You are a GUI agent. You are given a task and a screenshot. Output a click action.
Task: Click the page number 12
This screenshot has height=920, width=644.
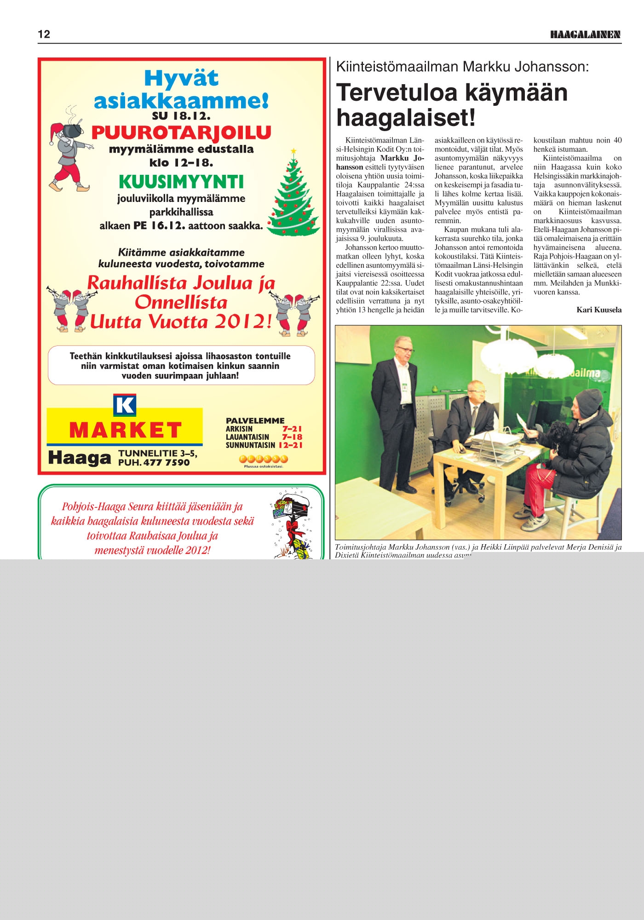click(44, 34)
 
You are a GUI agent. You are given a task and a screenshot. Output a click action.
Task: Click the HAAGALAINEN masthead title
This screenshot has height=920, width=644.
click(585, 34)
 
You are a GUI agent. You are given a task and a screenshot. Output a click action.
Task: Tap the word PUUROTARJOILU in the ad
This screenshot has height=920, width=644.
click(181, 133)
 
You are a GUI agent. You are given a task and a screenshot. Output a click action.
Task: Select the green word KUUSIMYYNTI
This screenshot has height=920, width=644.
click(181, 182)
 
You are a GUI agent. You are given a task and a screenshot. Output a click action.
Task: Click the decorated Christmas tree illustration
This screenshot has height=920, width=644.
click(294, 195)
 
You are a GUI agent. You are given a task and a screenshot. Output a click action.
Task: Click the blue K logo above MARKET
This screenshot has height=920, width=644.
click(125, 405)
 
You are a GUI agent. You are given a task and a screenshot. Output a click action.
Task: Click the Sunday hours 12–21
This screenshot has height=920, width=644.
click(290, 445)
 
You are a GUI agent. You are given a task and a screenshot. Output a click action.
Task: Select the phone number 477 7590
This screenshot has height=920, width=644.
click(166, 462)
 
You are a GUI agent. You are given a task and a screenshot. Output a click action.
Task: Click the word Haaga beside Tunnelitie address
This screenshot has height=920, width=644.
click(79, 458)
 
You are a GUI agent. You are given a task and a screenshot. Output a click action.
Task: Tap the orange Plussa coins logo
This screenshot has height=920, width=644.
click(263, 459)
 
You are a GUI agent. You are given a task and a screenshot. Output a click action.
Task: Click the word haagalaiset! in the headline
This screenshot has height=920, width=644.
click(406, 118)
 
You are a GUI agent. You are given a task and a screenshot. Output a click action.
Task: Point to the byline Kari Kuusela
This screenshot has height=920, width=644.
click(598, 310)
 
